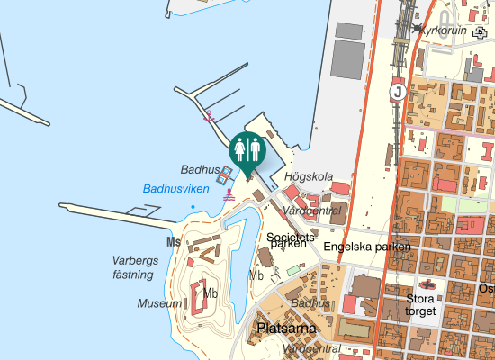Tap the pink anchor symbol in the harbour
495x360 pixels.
(208, 115)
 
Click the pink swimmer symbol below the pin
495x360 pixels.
(229, 193)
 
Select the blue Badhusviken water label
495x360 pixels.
(175, 189)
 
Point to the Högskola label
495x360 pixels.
(309, 176)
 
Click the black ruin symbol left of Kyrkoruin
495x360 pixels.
(417, 30)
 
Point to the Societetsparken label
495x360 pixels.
(287, 240)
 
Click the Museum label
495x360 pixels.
(159, 304)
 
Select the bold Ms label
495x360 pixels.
(174, 242)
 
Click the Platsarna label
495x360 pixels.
(286, 328)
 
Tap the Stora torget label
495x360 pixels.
(421, 305)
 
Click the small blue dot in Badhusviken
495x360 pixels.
(192, 208)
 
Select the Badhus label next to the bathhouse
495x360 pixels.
(200, 169)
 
